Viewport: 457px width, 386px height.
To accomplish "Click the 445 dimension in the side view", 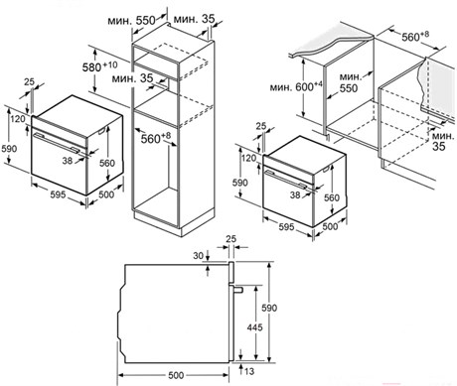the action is pyautogui.click(x=254, y=327).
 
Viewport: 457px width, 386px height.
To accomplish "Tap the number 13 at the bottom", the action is pyautogui.click(x=249, y=371).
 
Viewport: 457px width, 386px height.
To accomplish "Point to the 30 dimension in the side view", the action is pyautogui.click(x=198, y=256).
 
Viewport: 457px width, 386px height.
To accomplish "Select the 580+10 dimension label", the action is pyautogui.click(x=99, y=66).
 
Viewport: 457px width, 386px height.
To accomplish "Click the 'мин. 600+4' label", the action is pyautogui.click(x=296, y=87).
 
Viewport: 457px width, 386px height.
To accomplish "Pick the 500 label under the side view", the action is pyautogui.click(x=176, y=375).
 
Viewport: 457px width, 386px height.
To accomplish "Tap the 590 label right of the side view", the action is pyautogui.click(x=269, y=308).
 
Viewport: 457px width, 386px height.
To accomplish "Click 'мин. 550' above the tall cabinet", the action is pyautogui.click(x=131, y=21).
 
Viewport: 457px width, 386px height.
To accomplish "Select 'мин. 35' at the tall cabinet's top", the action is pyautogui.click(x=195, y=19).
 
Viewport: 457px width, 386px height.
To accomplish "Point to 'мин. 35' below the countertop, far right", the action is pyautogui.click(x=443, y=141).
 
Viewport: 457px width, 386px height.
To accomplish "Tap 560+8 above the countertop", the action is pyautogui.click(x=415, y=36).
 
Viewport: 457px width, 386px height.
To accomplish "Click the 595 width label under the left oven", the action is pyautogui.click(x=58, y=194).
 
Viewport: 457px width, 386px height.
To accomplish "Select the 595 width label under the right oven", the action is pyautogui.click(x=286, y=227).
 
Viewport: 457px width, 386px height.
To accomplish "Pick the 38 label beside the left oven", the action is pyautogui.click(x=68, y=161).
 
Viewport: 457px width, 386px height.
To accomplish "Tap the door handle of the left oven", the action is pyautogui.click(x=57, y=142).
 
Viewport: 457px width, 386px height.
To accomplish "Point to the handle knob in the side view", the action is pyautogui.click(x=237, y=290).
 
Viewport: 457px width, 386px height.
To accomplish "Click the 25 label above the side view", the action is pyautogui.click(x=230, y=238).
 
